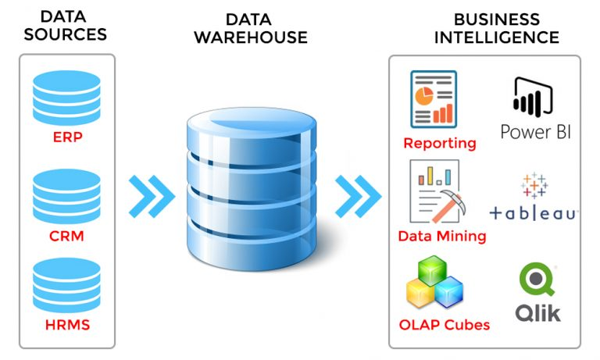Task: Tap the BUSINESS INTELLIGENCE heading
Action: point(496,27)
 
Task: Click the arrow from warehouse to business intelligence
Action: point(355,195)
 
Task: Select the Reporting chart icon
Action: point(433,98)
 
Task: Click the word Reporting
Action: point(440,144)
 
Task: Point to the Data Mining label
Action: point(442,236)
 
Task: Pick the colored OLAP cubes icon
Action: point(434,284)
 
